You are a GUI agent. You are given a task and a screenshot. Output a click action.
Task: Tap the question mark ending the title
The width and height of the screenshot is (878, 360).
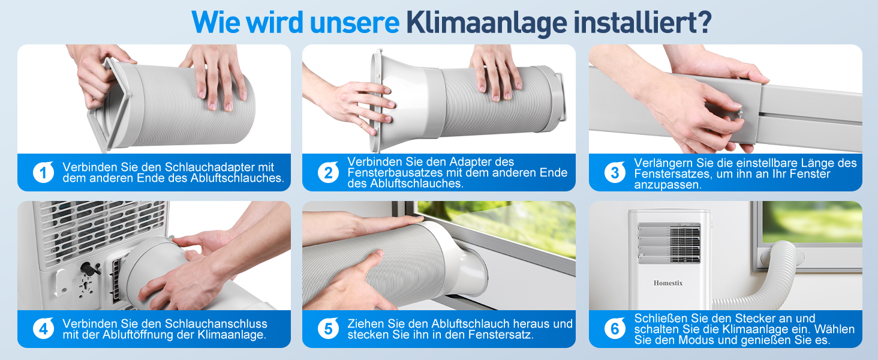704,22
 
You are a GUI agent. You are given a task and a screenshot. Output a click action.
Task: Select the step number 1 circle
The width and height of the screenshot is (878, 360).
43,172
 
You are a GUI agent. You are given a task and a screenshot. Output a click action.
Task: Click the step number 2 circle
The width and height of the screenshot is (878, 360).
328,172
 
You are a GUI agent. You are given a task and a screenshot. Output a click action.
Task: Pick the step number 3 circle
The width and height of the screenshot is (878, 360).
615,172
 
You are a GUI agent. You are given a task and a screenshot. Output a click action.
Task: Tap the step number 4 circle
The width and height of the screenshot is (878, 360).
43,329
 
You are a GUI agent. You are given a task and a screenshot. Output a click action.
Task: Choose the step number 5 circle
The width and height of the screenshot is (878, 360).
328,329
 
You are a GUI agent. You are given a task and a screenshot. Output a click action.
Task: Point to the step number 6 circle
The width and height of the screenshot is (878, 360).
615,329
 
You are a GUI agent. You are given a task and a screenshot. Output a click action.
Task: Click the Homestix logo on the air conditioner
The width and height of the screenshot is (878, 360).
668,283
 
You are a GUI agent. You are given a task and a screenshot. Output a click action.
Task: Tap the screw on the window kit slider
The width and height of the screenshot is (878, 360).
739,114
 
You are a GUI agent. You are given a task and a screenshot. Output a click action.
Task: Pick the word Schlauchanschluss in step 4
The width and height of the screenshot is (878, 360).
216,323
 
